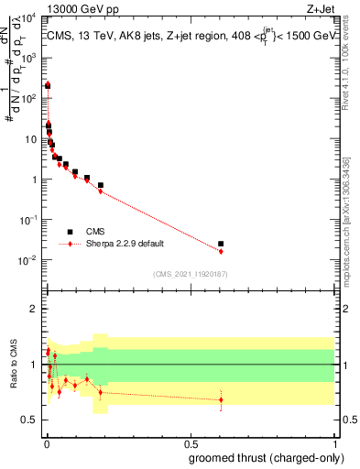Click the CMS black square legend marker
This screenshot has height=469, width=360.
click(x=70, y=232)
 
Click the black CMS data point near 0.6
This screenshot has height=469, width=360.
click(x=221, y=244)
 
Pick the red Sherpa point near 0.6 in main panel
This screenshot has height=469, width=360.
click(x=221, y=251)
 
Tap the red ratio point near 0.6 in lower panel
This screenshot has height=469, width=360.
click(x=221, y=399)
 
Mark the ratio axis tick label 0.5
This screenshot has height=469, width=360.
click(x=29, y=420)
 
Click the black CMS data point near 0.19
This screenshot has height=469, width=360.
click(x=101, y=185)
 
